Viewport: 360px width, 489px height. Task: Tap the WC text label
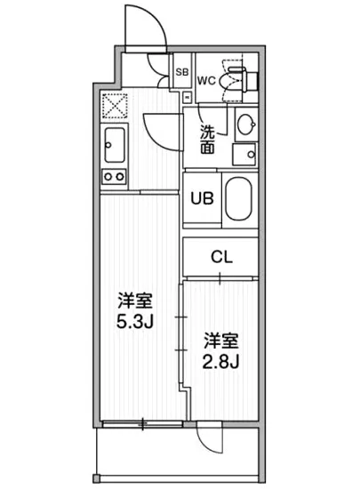[x=205, y=80]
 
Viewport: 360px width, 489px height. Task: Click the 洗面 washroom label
[x=207, y=140]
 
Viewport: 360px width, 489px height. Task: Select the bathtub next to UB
[x=239, y=200]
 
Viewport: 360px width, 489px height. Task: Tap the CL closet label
[x=221, y=258]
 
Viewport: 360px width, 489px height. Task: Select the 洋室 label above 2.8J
[x=220, y=341]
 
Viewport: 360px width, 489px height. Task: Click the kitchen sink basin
[x=114, y=142]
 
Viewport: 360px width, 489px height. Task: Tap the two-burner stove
[x=114, y=176]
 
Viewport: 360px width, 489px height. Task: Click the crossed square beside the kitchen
[x=113, y=107]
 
